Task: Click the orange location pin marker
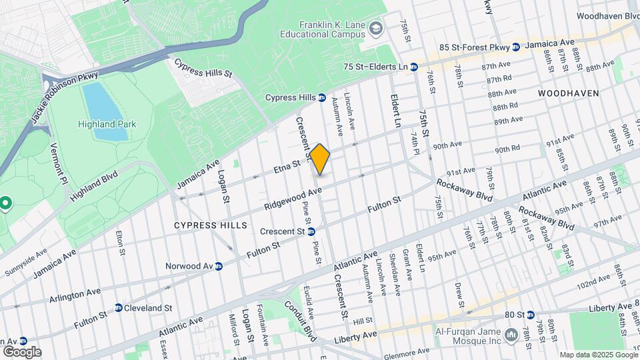[320, 159]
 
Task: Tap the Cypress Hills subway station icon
[321, 97]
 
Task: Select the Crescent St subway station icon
[311, 231]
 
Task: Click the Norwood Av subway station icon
[218, 266]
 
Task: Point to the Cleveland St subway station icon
[118, 308]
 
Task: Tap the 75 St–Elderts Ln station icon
[414, 67]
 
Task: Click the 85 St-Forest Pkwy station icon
[515, 47]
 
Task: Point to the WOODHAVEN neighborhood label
[569, 93]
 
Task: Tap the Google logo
[21, 351]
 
